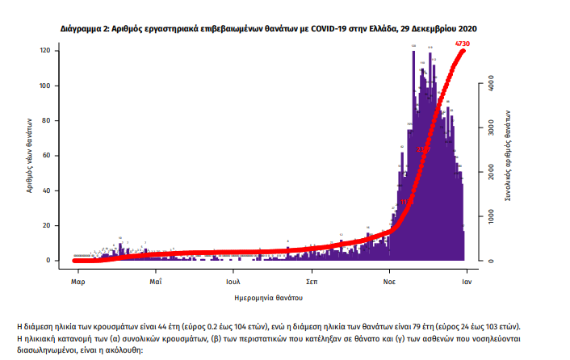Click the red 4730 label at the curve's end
(x=463, y=43)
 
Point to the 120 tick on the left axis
(x=45, y=51)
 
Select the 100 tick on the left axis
(x=45, y=86)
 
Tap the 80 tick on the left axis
(x=47, y=121)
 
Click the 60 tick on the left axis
(x=47, y=156)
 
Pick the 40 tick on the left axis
(x=47, y=190)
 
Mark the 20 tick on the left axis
(x=47, y=226)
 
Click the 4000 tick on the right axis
(x=491, y=82)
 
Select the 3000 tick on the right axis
(x=491, y=128)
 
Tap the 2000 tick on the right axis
(x=491, y=172)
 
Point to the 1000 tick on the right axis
(x=491, y=216)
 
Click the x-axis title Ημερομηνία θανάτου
(x=268, y=298)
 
